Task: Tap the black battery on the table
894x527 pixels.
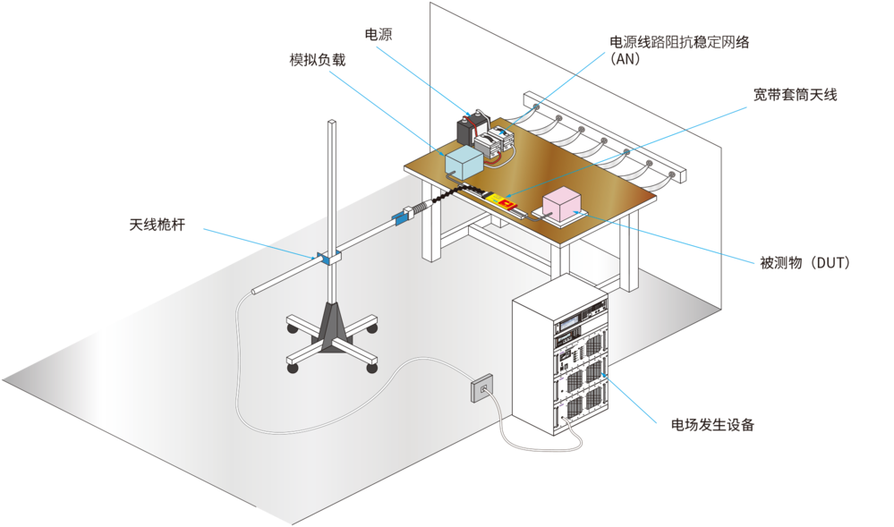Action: pyautogui.click(x=471, y=129)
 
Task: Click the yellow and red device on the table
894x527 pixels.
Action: pyautogui.click(x=505, y=200)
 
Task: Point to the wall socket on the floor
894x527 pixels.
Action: pyautogui.click(x=482, y=387)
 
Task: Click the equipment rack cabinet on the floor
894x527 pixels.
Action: pyautogui.click(x=558, y=362)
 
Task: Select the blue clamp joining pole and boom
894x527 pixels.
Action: pyautogui.click(x=327, y=258)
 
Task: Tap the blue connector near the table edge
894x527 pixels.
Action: pyautogui.click(x=401, y=217)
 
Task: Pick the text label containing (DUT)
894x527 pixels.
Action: pyautogui.click(x=804, y=263)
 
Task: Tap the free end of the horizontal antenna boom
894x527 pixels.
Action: pyautogui.click(x=255, y=290)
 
